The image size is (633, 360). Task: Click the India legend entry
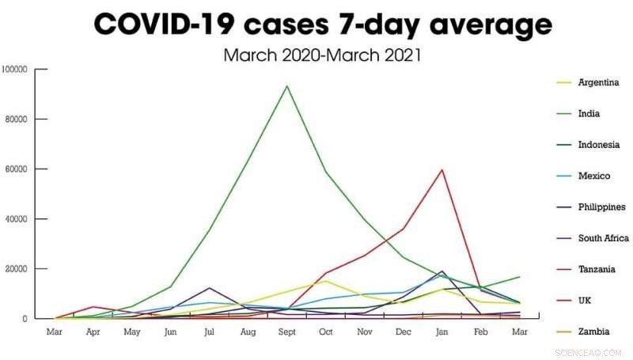click(589, 113)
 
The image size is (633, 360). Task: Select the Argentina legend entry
click(597, 82)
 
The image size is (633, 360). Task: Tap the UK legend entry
click(585, 301)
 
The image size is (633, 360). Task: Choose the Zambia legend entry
click(593, 332)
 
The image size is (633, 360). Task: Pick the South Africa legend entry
click(603, 238)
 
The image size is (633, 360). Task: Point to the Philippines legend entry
click(602, 207)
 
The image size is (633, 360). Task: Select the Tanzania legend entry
click(596, 269)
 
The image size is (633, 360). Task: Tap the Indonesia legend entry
click(597, 145)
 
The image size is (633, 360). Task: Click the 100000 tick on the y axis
click(15, 70)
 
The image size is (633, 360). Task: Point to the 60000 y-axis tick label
click(17, 169)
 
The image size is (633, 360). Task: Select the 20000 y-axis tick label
click(17, 269)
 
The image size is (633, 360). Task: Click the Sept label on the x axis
click(286, 332)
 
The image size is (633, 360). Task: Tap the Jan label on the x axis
click(442, 332)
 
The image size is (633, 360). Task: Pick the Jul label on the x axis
click(209, 332)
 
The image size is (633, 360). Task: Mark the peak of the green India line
click(286, 85)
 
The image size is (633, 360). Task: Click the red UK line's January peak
click(442, 169)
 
